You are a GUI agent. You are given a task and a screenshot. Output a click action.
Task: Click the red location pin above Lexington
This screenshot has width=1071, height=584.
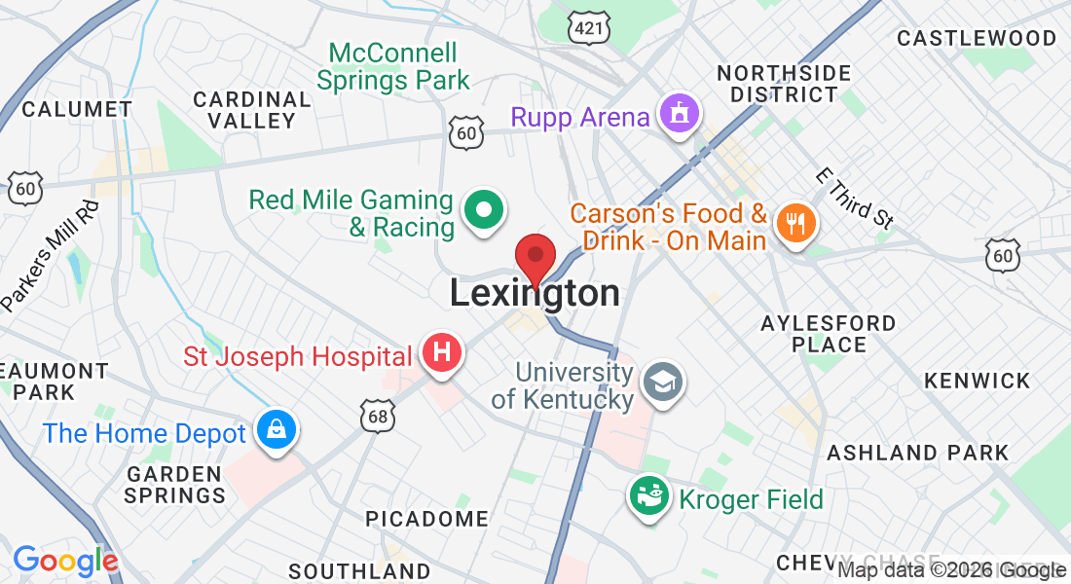[x=535, y=257]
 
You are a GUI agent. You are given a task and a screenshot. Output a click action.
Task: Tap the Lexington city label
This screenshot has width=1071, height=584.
[x=535, y=293]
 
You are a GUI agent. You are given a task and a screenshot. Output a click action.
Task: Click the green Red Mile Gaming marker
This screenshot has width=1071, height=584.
[x=482, y=209]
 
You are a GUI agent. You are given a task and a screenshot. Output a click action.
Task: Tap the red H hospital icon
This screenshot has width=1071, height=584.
[x=442, y=351]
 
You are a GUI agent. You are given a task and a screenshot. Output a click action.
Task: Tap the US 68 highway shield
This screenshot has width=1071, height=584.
[x=376, y=416]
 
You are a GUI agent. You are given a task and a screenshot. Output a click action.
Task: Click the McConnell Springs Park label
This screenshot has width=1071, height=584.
[x=393, y=66]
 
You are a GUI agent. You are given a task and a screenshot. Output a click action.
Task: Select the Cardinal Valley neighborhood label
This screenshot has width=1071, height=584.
[x=252, y=110]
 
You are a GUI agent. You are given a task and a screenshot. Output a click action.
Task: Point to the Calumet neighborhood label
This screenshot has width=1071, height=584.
[x=77, y=108]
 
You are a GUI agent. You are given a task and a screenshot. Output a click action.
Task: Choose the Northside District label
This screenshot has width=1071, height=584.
[x=784, y=84]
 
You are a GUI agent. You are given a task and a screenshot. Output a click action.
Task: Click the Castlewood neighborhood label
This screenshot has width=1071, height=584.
[x=977, y=38]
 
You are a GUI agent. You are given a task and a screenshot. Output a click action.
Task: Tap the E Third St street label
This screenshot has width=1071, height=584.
[x=855, y=199]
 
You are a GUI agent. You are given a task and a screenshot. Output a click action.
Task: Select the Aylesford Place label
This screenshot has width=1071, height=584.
[x=829, y=333]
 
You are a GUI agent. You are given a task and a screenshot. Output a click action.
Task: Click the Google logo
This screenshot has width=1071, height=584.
[x=65, y=561]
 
